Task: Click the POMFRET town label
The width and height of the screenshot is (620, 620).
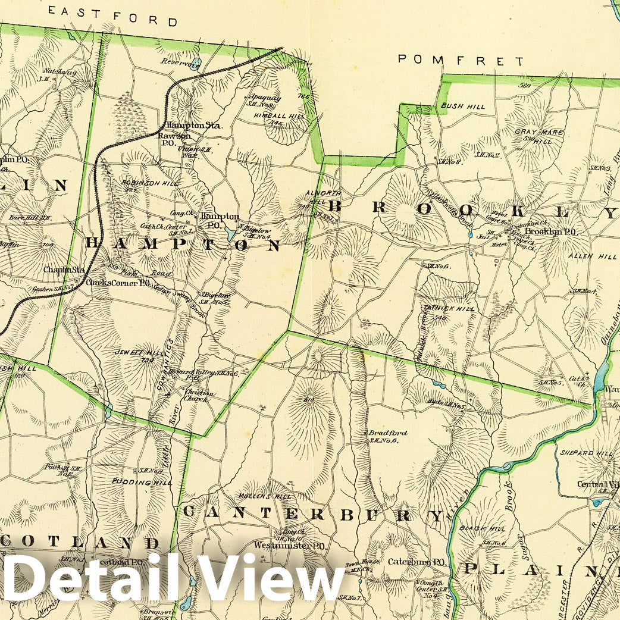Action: pyautogui.click(x=461, y=60)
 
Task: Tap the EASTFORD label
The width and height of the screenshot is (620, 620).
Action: pyautogui.click(x=113, y=16)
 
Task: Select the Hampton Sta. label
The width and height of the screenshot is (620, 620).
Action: pyautogui.click(x=194, y=126)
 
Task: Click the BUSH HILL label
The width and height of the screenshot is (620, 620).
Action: pyautogui.click(x=463, y=107)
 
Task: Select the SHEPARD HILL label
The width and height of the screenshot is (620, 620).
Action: pyautogui.click(x=585, y=453)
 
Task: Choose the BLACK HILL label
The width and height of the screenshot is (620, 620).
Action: pyautogui.click(x=490, y=528)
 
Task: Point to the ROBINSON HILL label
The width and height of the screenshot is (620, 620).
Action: pyautogui.click(x=149, y=183)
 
